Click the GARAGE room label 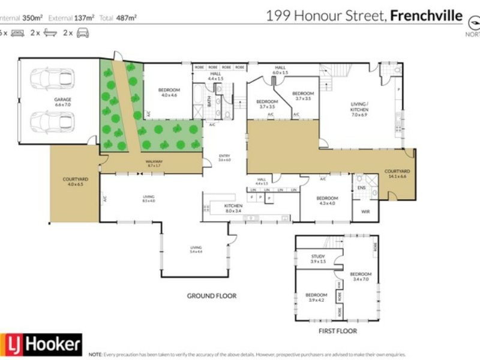click(46, 102)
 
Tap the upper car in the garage click(52, 79)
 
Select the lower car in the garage click(52, 122)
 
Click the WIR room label click(365, 212)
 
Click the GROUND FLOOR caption click(211, 296)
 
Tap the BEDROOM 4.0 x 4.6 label click(168, 92)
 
